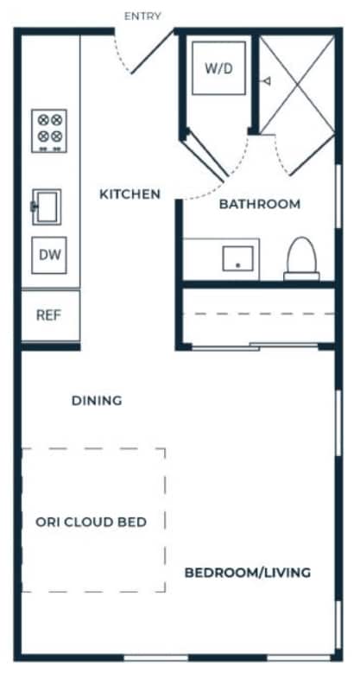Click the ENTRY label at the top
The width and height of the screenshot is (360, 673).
tap(142, 16)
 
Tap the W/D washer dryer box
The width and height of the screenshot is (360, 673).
tap(218, 67)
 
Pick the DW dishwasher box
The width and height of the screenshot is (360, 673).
tap(48, 255)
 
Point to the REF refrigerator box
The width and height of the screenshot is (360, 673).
tap(48, 315)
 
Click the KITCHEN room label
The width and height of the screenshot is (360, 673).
tap(129, 194)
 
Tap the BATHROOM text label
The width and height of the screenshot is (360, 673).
tap(259, 205)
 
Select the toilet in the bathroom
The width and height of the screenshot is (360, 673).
tap(301, 257)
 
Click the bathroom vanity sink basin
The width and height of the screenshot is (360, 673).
tap(237, 257)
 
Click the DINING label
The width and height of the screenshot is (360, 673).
tap(96, 401)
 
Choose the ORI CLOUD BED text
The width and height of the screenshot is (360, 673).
tap(91, 522)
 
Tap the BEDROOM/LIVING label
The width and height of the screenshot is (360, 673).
tap(248, 573)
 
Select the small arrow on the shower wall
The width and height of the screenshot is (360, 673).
tap(267, 81)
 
